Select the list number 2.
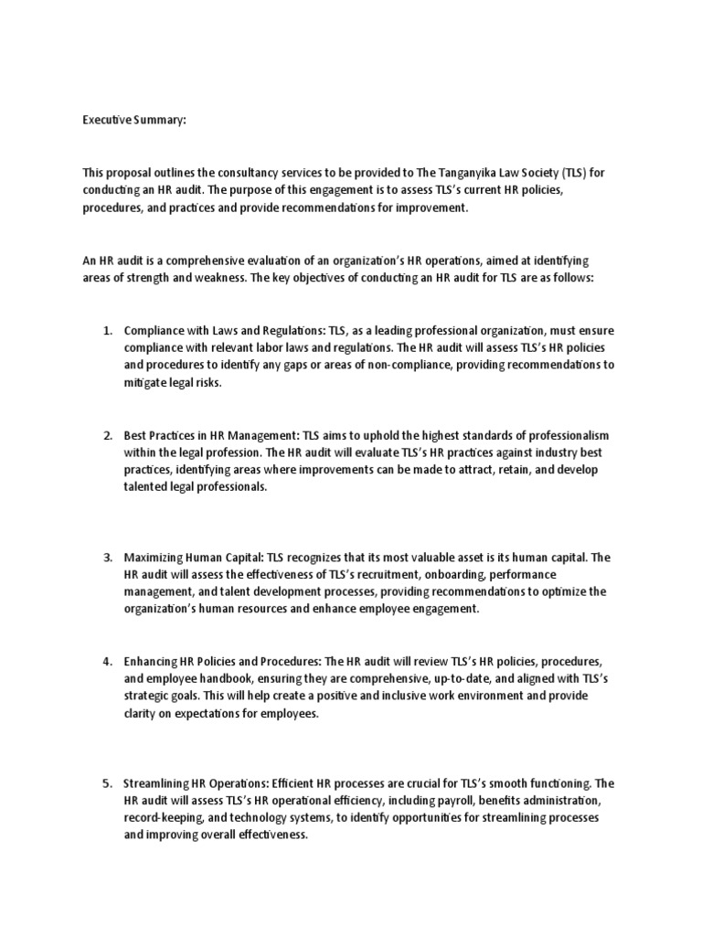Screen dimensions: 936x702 click(x=106, y=435)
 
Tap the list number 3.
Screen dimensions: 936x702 click(x=106, y=557)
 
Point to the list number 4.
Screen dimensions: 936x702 click(x=106, y=661)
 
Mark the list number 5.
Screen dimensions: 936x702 click(x=106, y=782)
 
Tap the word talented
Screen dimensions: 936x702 click(x=147, y=487)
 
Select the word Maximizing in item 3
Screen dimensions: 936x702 click(x=154, y=557)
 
